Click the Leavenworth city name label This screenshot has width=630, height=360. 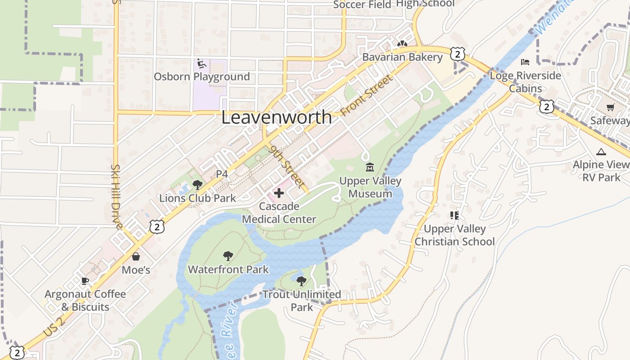click(276, 117)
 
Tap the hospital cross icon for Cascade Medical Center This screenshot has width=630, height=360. click(279, 193)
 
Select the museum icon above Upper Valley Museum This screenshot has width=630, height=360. click(370, 167)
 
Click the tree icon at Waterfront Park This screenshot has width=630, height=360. click(228, 256)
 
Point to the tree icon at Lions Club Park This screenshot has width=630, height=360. click(197, 184)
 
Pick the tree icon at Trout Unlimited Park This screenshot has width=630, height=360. click(301, 281)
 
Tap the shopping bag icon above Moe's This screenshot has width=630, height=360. click(136, 256)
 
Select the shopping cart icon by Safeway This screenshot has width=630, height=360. click(610, 108)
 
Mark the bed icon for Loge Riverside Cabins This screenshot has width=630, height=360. click(525, 62)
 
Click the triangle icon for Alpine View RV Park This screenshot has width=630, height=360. click(601, 152)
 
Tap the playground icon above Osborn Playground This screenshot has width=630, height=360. click(202, 64)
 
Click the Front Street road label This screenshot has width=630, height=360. click(367, 95)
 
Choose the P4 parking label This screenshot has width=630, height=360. click(222, 174)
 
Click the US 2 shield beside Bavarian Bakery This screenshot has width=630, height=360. click(457, 54)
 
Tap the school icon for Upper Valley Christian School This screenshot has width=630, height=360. click(454, 216)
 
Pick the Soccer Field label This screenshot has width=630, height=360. click(362, 5)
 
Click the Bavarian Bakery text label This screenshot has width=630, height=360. click(402, 57)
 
